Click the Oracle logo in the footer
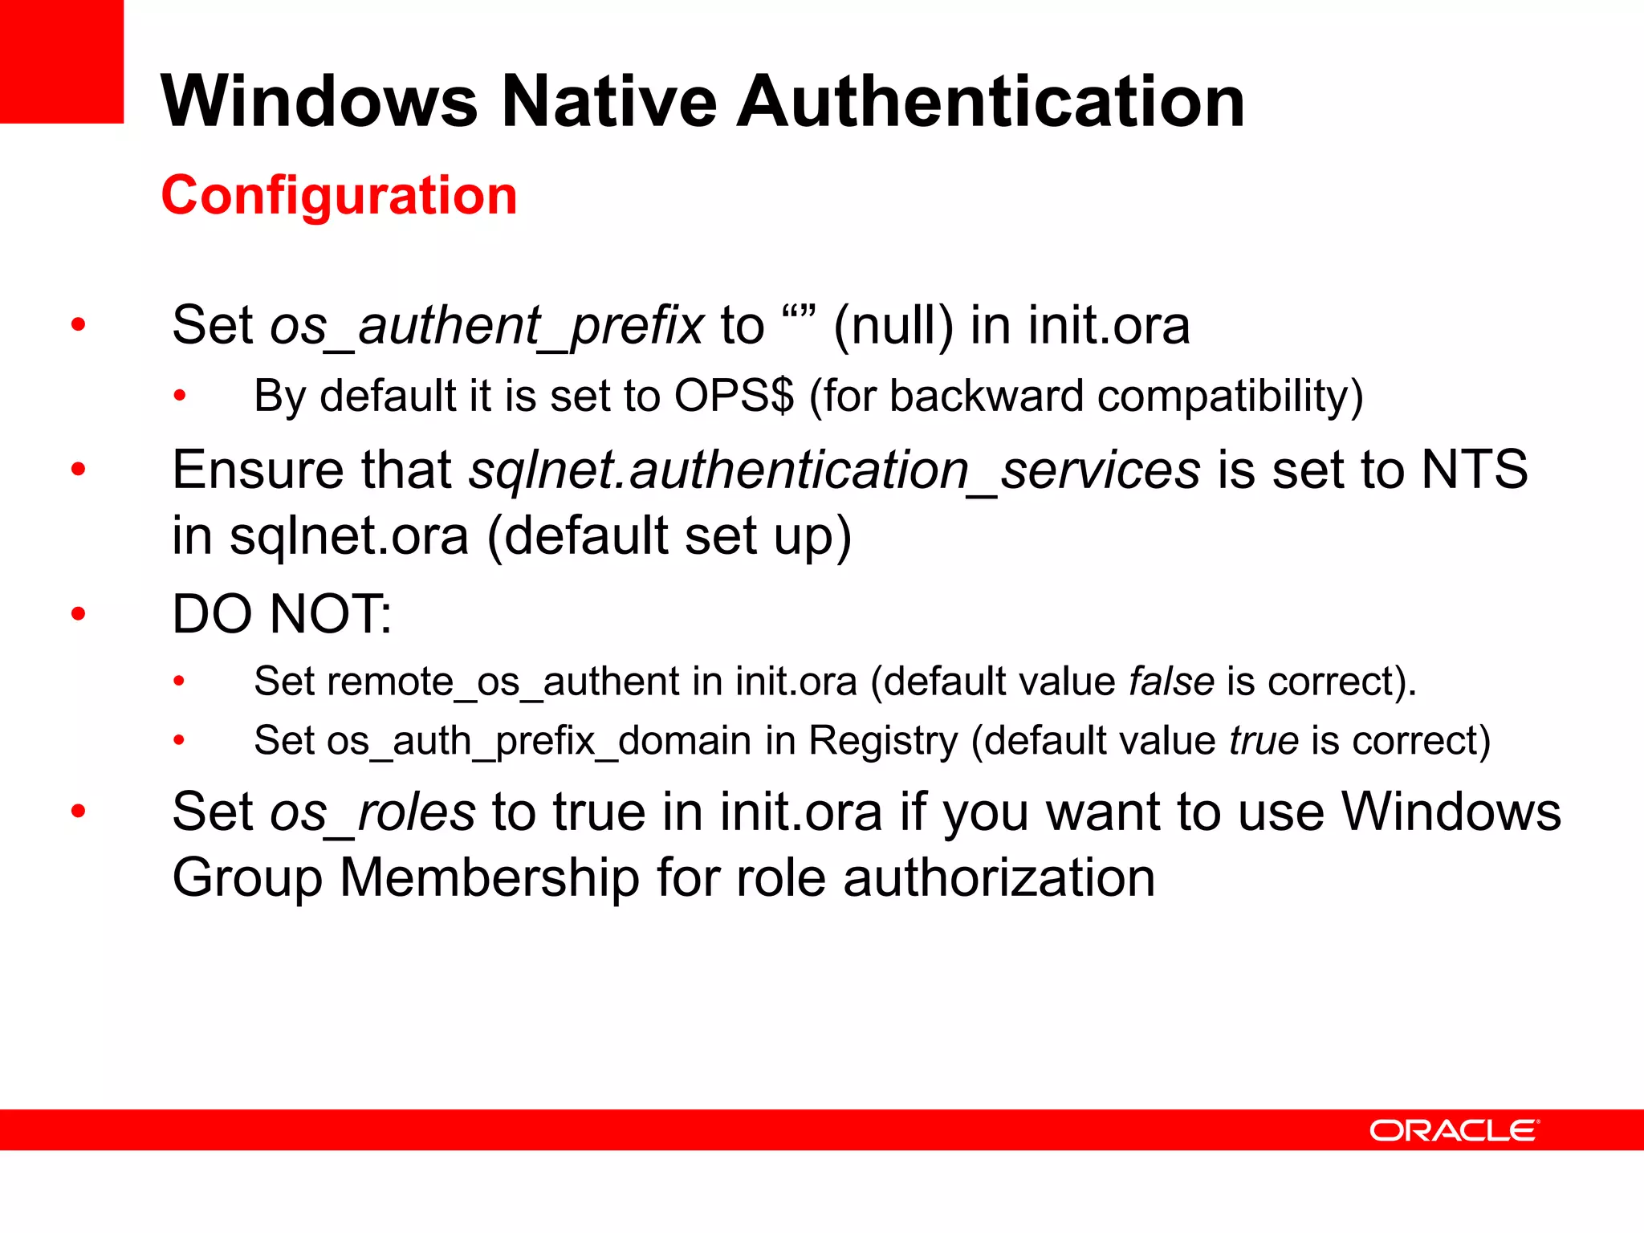tap(1454, 1130)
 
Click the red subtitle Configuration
tap(339, 195)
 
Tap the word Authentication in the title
tap(991, 101)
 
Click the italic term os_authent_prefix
tap(486, 326)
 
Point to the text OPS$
tap(734, 396)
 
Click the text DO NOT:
tap(282, 614)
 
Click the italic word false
tap(1171, 682)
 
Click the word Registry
tap(883, 741)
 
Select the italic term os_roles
tap(372, 812)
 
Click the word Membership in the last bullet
tap(490, 877)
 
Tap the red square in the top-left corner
tap(61, 61)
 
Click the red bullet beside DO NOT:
tap(78, 614)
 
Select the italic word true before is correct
tap(1264, 740)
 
